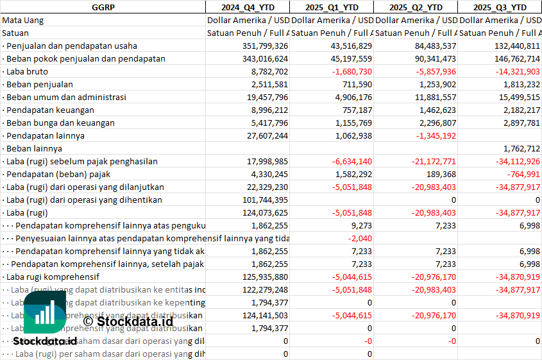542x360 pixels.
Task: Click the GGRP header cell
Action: point(103,7)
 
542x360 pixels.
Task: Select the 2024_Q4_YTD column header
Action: point(247,7)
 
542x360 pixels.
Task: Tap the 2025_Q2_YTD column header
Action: point(416,7)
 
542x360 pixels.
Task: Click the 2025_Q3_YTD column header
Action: point(500,7)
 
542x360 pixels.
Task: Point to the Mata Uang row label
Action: point(23,20)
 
